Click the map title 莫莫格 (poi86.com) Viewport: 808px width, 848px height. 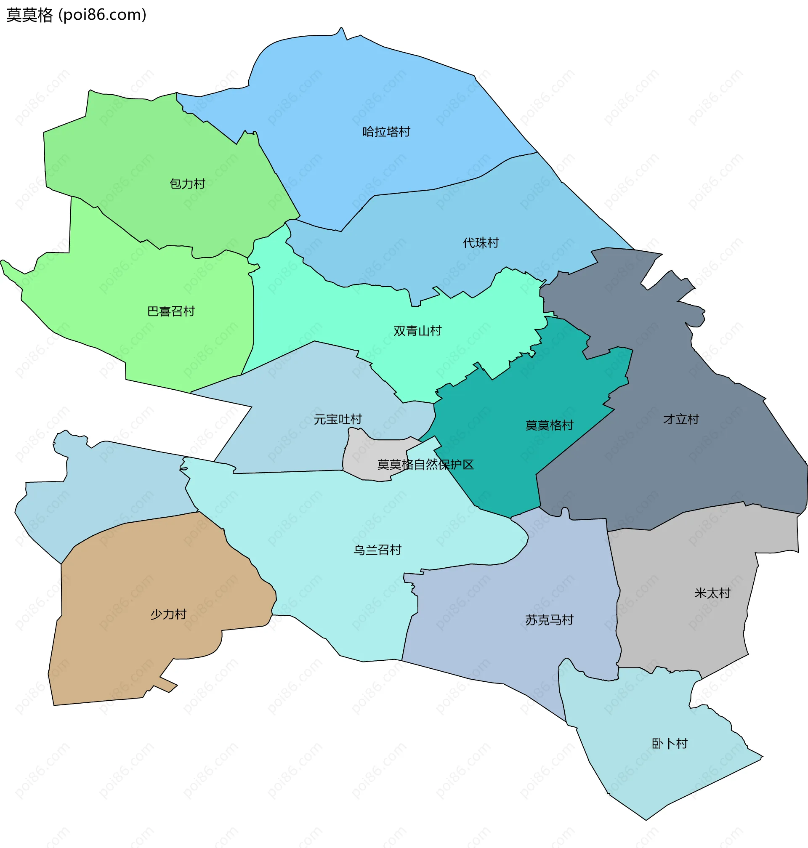(76, 15)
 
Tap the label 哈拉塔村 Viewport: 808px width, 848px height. (386, 132)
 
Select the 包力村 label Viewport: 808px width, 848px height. (187, 184)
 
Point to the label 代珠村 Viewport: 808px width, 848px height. (481, 243)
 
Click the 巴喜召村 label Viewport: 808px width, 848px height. (171, 311)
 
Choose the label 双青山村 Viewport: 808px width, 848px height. (417, 331)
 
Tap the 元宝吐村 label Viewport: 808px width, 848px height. (338, 419)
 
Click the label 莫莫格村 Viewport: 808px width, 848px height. (549, 425)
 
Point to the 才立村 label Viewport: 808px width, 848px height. (680, 419)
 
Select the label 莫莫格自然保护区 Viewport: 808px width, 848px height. (425, 464)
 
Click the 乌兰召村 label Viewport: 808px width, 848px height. (377, 550)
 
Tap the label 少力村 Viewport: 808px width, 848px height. (168, 614)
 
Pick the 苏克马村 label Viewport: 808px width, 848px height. (549, 620)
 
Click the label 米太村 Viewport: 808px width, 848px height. (712, 593)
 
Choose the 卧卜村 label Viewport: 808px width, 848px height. (669, 743)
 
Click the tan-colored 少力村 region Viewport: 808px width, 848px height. (129, 655)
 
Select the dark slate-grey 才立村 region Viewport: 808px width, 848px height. (689, 474)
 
